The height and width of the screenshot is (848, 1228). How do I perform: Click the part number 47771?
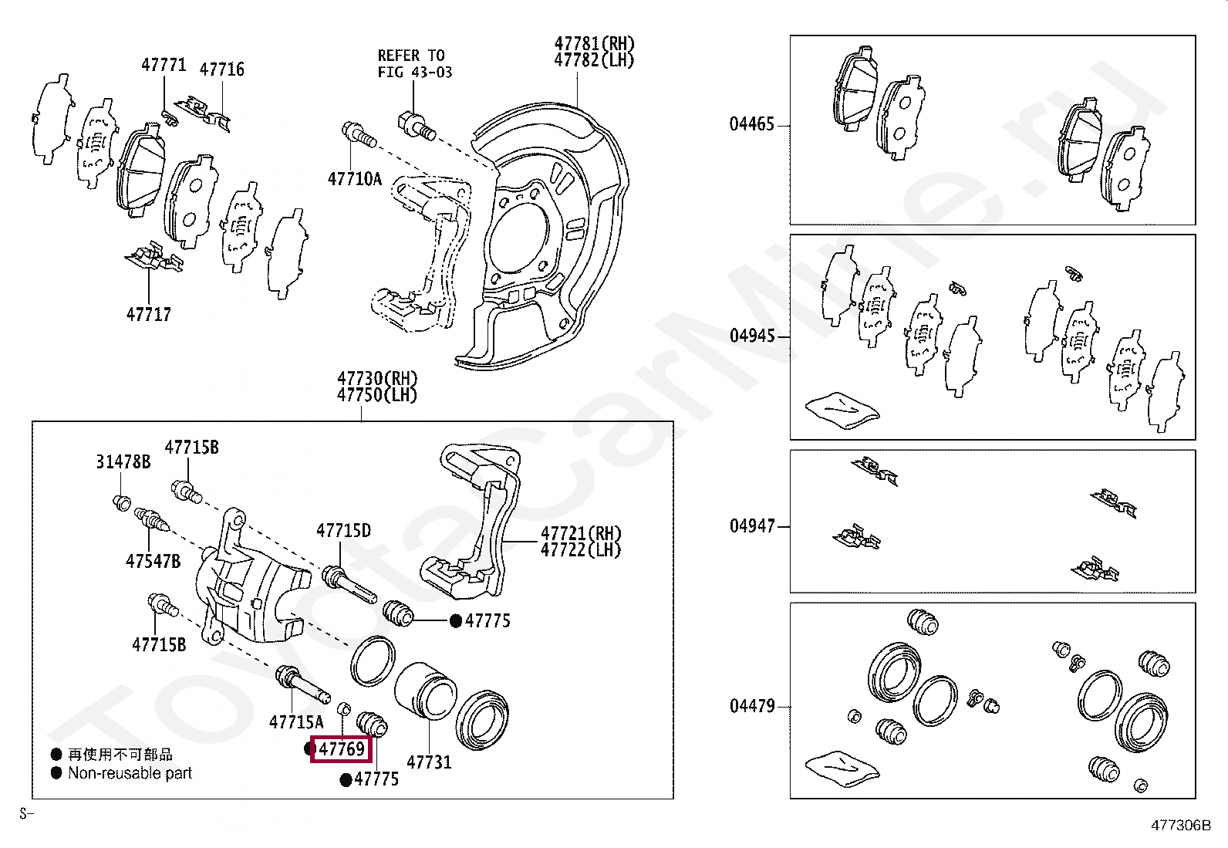[x=164, y=65]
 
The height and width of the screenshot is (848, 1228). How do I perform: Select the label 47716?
[x=222, y=69]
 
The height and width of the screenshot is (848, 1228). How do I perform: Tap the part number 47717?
[x=149, y=314]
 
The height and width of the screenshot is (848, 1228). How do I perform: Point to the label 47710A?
[x=355, y=179]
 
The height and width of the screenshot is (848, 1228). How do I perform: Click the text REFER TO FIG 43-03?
[x=414, y=64]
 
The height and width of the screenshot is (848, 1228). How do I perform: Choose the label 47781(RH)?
[x=595, y=43]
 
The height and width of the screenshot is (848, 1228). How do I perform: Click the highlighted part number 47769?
[x=342, y=749]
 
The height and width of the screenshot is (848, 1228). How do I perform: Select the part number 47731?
[x=429, y=762]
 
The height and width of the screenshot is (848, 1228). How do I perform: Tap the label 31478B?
[x=123, y=461]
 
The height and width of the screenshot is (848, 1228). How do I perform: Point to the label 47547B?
[x=153, y=561]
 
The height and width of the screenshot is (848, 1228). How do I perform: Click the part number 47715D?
[x=343, y=530]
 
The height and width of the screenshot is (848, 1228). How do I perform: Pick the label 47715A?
[x=296, y=722]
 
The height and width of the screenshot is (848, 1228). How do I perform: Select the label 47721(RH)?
[x=581, y=533]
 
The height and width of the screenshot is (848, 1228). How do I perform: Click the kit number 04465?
[x=752, y=124]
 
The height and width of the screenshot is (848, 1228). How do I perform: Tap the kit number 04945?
[x=752, y=336]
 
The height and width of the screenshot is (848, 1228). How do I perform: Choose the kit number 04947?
[x=752, y=526]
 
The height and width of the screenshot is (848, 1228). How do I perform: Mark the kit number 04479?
[x=752, y=706]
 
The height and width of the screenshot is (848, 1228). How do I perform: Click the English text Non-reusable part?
[x=130, y=773]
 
